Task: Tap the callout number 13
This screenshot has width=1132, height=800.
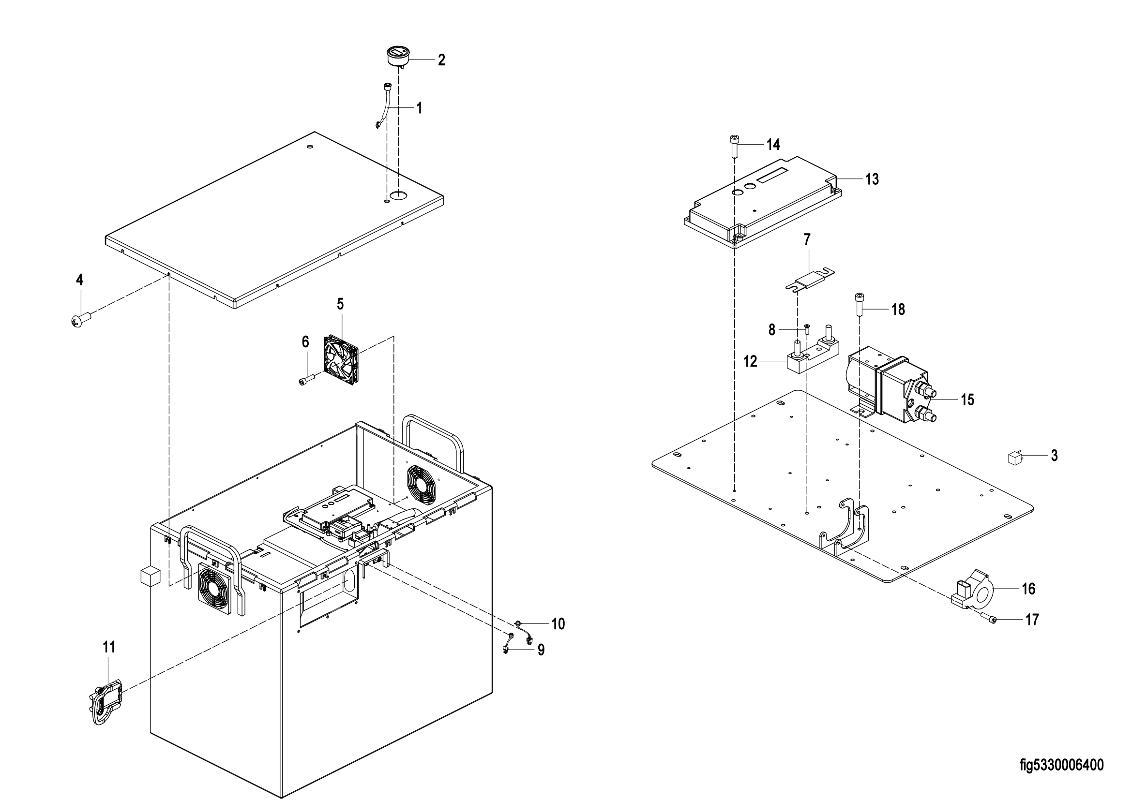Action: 872,179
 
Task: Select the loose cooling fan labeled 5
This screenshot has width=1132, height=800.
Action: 341,360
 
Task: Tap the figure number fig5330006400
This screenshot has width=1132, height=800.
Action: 1061,765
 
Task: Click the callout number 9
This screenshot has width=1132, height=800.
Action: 541,650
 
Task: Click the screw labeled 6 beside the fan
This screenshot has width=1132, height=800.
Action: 307,380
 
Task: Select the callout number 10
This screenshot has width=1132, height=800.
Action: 558,624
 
